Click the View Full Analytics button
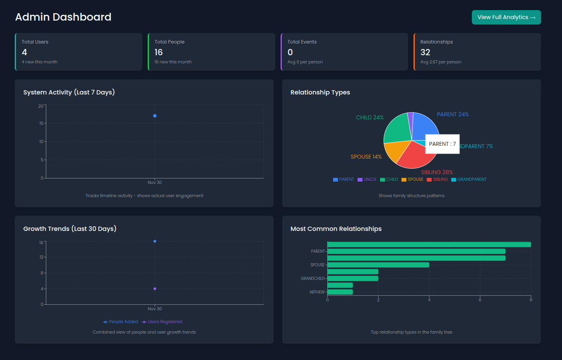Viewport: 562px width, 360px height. point(506,17)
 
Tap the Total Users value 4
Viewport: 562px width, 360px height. point(24,52)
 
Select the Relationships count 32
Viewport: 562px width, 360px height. point(425,52)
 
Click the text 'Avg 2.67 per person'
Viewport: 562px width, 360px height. point(441,62)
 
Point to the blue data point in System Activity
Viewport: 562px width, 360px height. point(155,116)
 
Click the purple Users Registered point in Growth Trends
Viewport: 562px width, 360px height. point(155,289)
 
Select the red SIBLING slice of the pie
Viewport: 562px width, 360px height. point(415,156)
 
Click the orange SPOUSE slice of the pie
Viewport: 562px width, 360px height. point(396,150)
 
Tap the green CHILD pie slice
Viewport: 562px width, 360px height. point(398,129)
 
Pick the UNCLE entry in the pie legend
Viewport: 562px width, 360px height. point(367,180)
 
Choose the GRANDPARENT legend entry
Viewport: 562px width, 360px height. point(469,180)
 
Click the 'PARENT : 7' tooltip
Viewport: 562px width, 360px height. point(442,144)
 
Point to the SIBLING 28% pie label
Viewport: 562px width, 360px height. point(437,172)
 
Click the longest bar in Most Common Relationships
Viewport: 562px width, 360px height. point(429,245)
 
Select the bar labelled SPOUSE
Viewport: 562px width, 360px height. point(378,265)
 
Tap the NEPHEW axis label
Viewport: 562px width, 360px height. point(317,292)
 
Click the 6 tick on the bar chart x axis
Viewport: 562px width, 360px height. point(480,300)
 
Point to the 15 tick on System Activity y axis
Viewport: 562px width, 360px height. point(41,123)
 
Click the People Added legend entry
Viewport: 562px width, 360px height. point(120,322)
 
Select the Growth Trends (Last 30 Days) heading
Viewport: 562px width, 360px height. point(70,229)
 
